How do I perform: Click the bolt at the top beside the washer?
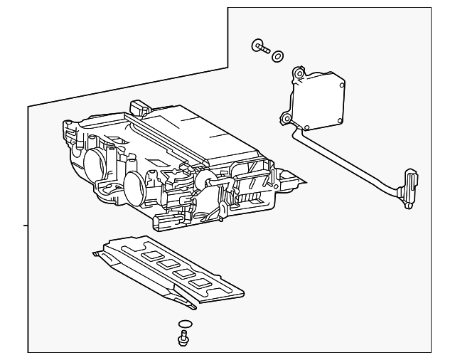(260, 48)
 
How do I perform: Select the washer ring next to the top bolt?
(278, 55)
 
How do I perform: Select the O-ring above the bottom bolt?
(185, 326)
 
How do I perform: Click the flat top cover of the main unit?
(199, 132)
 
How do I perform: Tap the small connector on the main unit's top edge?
(138, 107)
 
